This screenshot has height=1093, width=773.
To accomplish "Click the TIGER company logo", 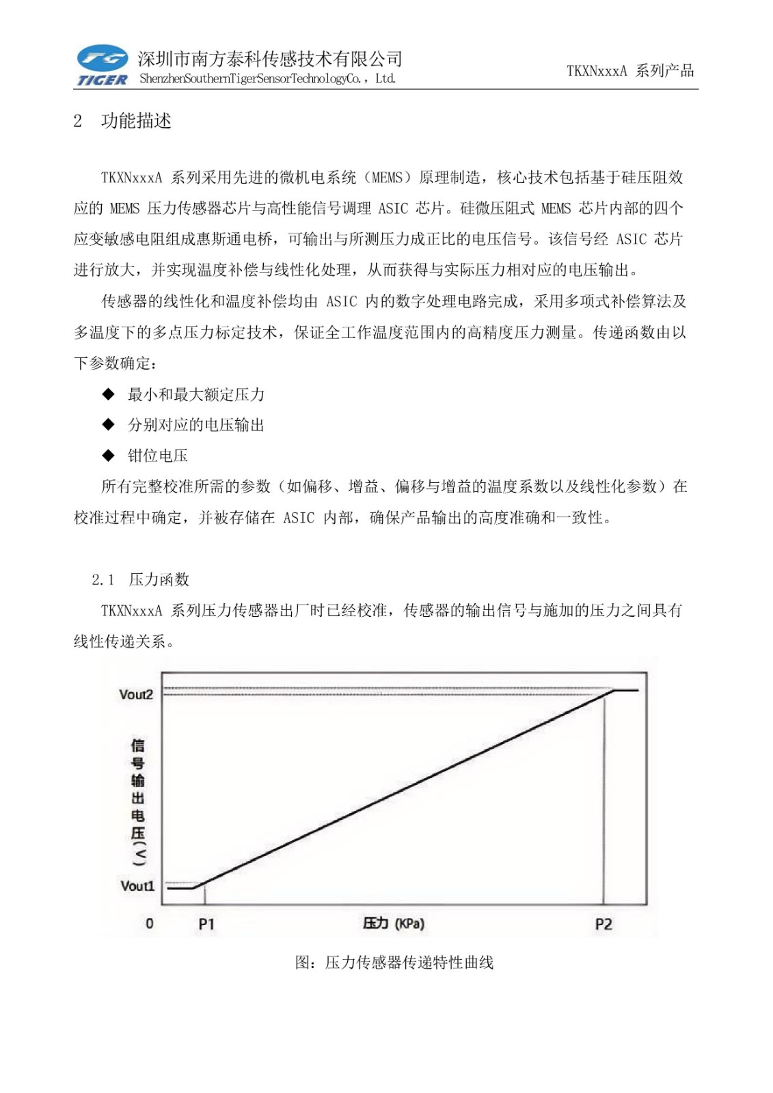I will [x=103, y=66].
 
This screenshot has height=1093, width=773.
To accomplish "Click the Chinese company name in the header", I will [x=270, y=59].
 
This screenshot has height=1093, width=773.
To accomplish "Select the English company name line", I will [x=267, y=79].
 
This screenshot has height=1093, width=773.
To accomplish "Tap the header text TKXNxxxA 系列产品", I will [x=629, y=70].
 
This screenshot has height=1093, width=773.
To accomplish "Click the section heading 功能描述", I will [x=136, y=121].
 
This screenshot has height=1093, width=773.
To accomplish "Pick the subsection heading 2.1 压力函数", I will [x=141, y=579].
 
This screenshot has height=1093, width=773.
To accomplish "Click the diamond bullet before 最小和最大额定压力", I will [x=108, y=394].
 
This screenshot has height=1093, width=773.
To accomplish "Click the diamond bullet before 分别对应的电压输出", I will [x=108, y=425].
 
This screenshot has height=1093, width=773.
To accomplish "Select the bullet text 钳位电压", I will [x=158, y=456].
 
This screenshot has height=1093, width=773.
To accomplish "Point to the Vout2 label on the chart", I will [x=136, y=695].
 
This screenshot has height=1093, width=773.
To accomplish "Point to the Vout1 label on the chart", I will [x=137, y=886].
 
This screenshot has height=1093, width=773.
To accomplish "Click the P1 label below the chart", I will [x=206, y=924].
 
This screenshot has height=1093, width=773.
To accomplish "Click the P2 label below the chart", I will [x=604, y=924].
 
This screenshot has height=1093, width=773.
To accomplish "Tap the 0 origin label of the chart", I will [x=150, y=924].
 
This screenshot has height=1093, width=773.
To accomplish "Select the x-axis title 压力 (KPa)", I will [x=394, y=924].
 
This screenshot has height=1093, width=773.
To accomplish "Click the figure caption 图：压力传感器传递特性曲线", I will [x=394, y=963].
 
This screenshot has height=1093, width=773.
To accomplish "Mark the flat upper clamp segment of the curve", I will [x=626, y=691].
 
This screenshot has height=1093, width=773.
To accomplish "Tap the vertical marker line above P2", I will [x=604, y=799].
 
